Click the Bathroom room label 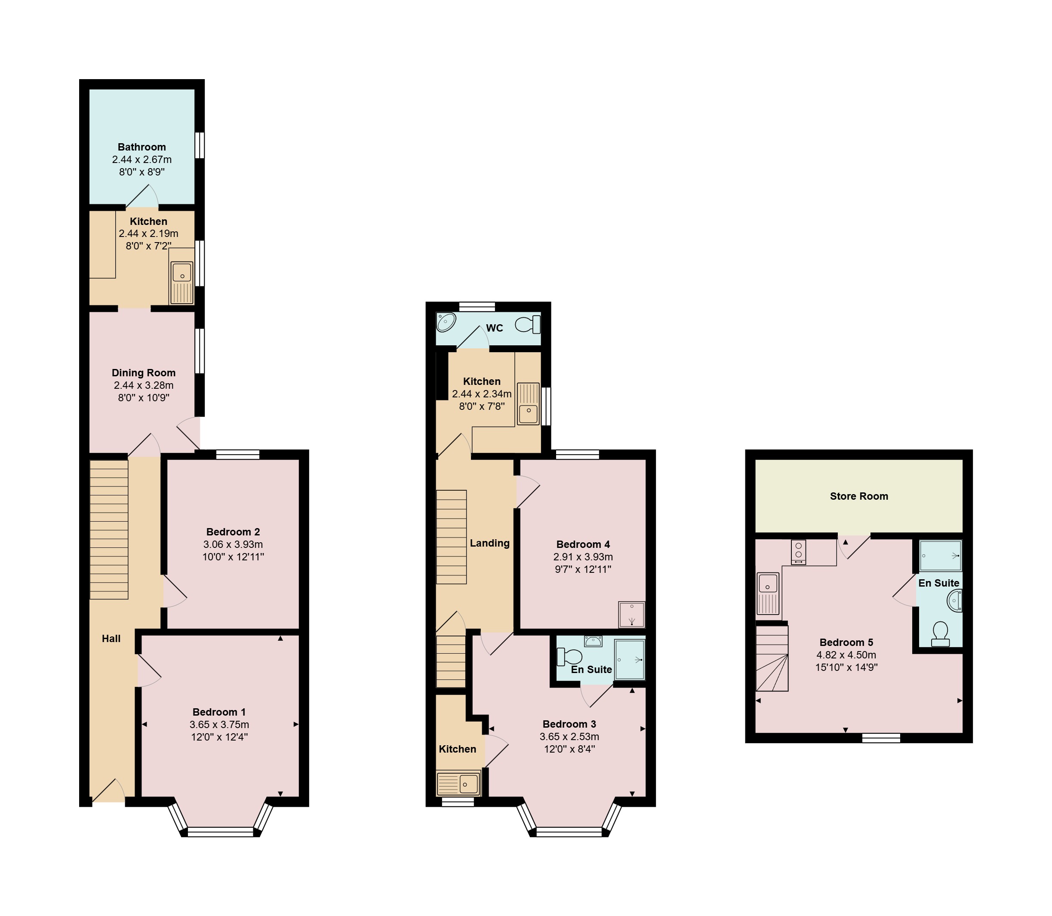(x=141, y=147)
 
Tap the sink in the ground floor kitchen (x=182, y=282)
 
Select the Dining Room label (x=144, y=373)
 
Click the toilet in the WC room (x=528, y=324)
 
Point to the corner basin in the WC (x=446, y=322)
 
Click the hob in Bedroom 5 (x=798, y=553)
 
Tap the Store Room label (x=859, y=496)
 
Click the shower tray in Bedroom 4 (x=632, y=615)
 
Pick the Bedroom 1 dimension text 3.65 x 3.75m (x=219, y=724)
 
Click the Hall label (x=111, y=639)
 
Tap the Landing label (x=490, y=543)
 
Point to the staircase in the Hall (x=109, y=529)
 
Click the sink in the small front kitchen (x=458, y=784)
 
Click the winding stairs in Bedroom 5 (x=772, y=658)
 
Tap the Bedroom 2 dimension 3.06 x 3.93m (x=233, y=544)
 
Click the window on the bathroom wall (x=200, y=146)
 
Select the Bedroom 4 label (x=583, y=544)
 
